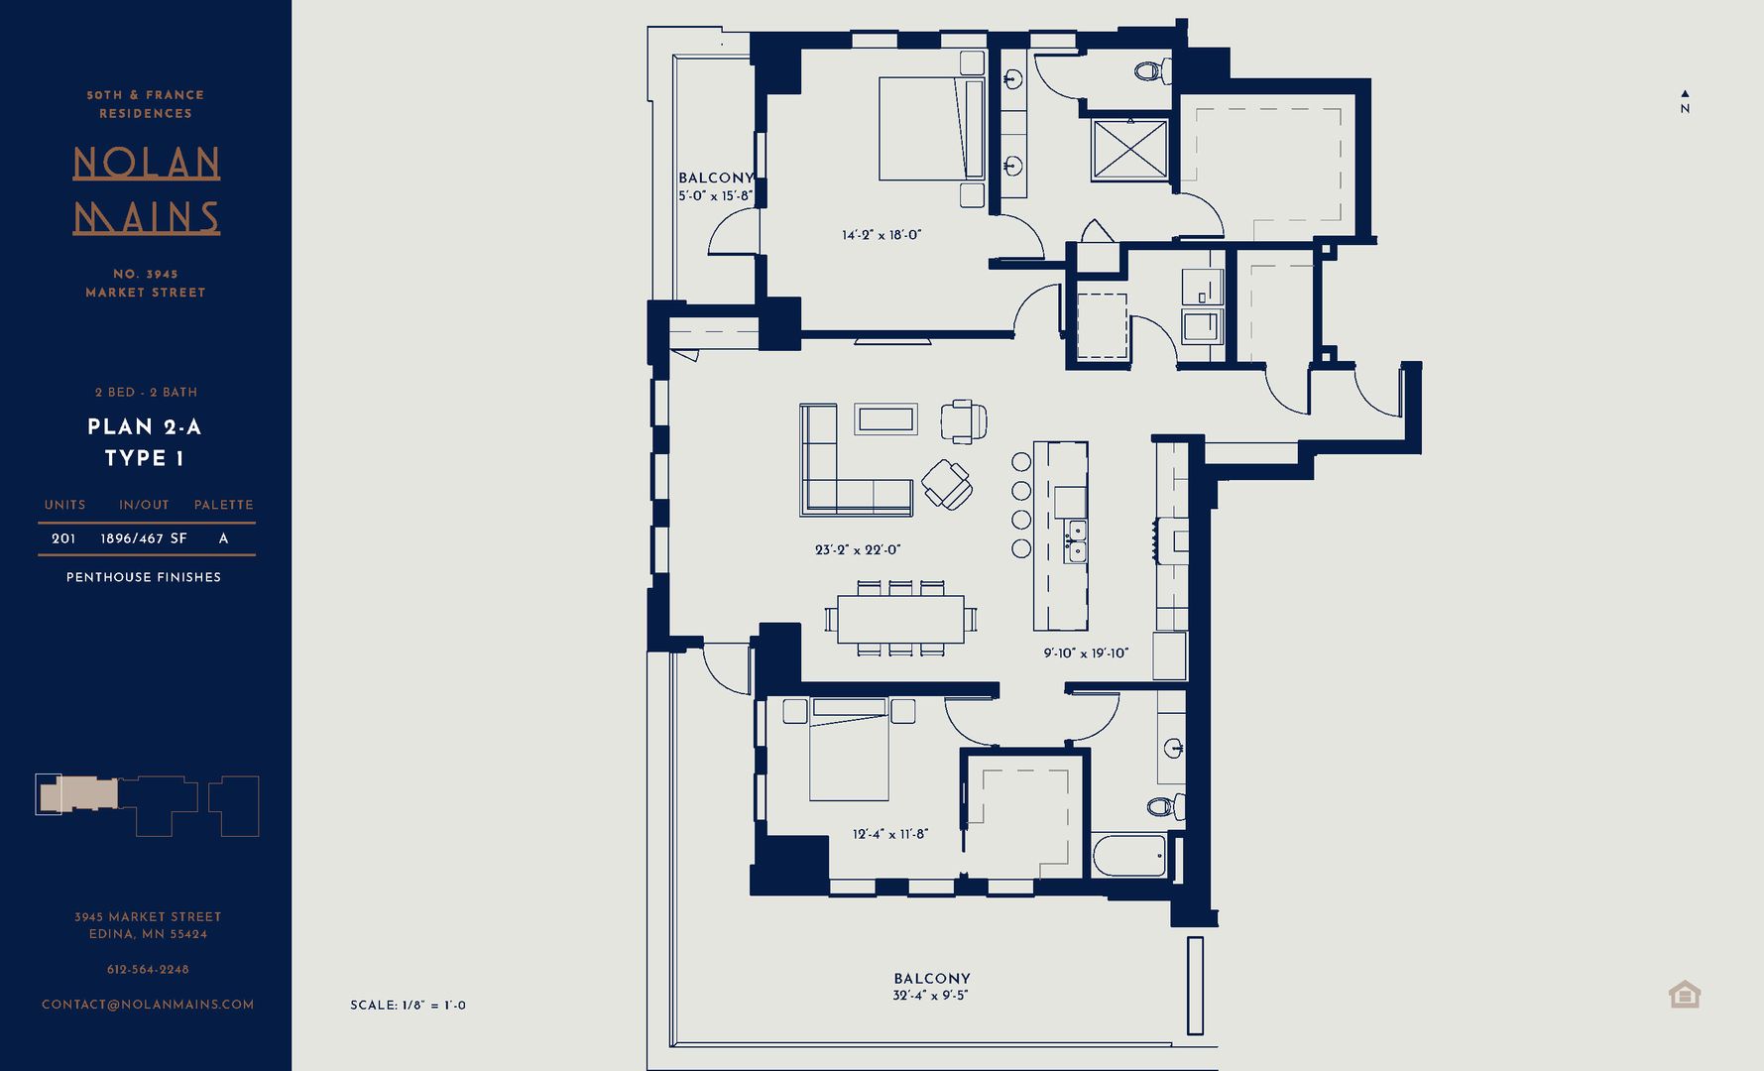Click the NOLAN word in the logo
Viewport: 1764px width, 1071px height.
pos(147,164)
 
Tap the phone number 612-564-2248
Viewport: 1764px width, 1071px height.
pos(148,969)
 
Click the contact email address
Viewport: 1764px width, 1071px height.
pos(148,1005)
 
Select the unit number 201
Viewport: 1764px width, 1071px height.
pos(63,538)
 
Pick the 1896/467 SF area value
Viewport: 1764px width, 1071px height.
pos(144,538)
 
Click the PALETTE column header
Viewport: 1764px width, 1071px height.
pos(223,505)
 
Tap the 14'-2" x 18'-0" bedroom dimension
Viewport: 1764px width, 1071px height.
pos(882,235)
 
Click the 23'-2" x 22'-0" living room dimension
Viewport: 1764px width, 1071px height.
pos(858,549)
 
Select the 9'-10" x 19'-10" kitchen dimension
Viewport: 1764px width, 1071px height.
pos(1086,653)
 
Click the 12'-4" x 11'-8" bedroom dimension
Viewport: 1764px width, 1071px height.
pos(890,834)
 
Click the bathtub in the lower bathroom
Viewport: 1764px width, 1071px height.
pos(1129,856)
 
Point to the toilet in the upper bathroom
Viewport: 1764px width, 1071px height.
pos(1150,71)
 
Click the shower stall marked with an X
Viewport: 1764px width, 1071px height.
pos(1130,150)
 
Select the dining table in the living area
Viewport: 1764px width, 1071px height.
pos(900,619)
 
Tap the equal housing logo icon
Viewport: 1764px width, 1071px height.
pos(1685,994)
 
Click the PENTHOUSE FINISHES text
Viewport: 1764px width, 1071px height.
pos(144,577)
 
